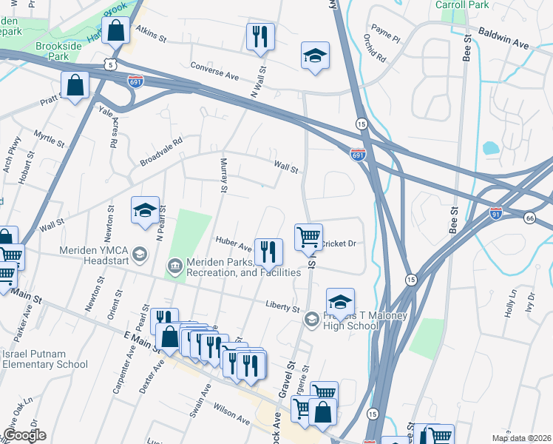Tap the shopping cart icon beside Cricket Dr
308,238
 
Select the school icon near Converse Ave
315,55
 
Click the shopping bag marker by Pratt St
75,85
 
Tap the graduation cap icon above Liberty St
340,302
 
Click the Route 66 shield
529,218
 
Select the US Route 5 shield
109,64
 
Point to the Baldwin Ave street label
504,39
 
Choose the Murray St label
223,175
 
